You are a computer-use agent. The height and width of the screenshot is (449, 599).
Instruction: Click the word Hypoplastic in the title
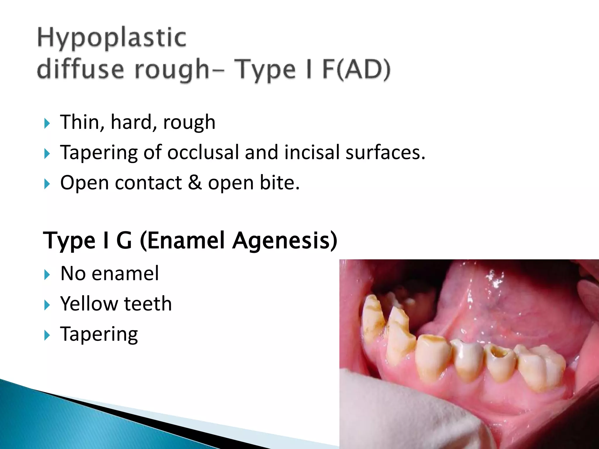tap(112, 38)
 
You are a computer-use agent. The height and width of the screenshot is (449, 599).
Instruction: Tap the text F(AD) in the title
tap(356, 70)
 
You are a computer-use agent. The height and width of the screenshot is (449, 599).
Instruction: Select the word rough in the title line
tap(172, 70)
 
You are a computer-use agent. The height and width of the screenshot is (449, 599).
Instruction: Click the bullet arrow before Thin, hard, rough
tap(47, 123)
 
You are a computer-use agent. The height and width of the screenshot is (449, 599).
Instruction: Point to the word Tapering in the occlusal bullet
tap(99, 153)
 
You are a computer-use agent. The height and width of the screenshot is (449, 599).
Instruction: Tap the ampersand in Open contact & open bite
tap(195, 183)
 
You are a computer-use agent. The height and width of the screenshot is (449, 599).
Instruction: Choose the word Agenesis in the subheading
tap(285, 240)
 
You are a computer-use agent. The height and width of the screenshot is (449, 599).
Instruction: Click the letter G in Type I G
tap(124, 240)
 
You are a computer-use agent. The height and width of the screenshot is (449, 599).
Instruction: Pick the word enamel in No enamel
tap(125, 274)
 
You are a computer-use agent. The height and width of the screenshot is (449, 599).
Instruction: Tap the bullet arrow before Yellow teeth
tap(47, 305)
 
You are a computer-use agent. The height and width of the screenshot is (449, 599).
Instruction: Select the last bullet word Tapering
tap(99, 334)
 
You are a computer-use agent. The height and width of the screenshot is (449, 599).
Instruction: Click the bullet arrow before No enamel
tap(47, 275)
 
